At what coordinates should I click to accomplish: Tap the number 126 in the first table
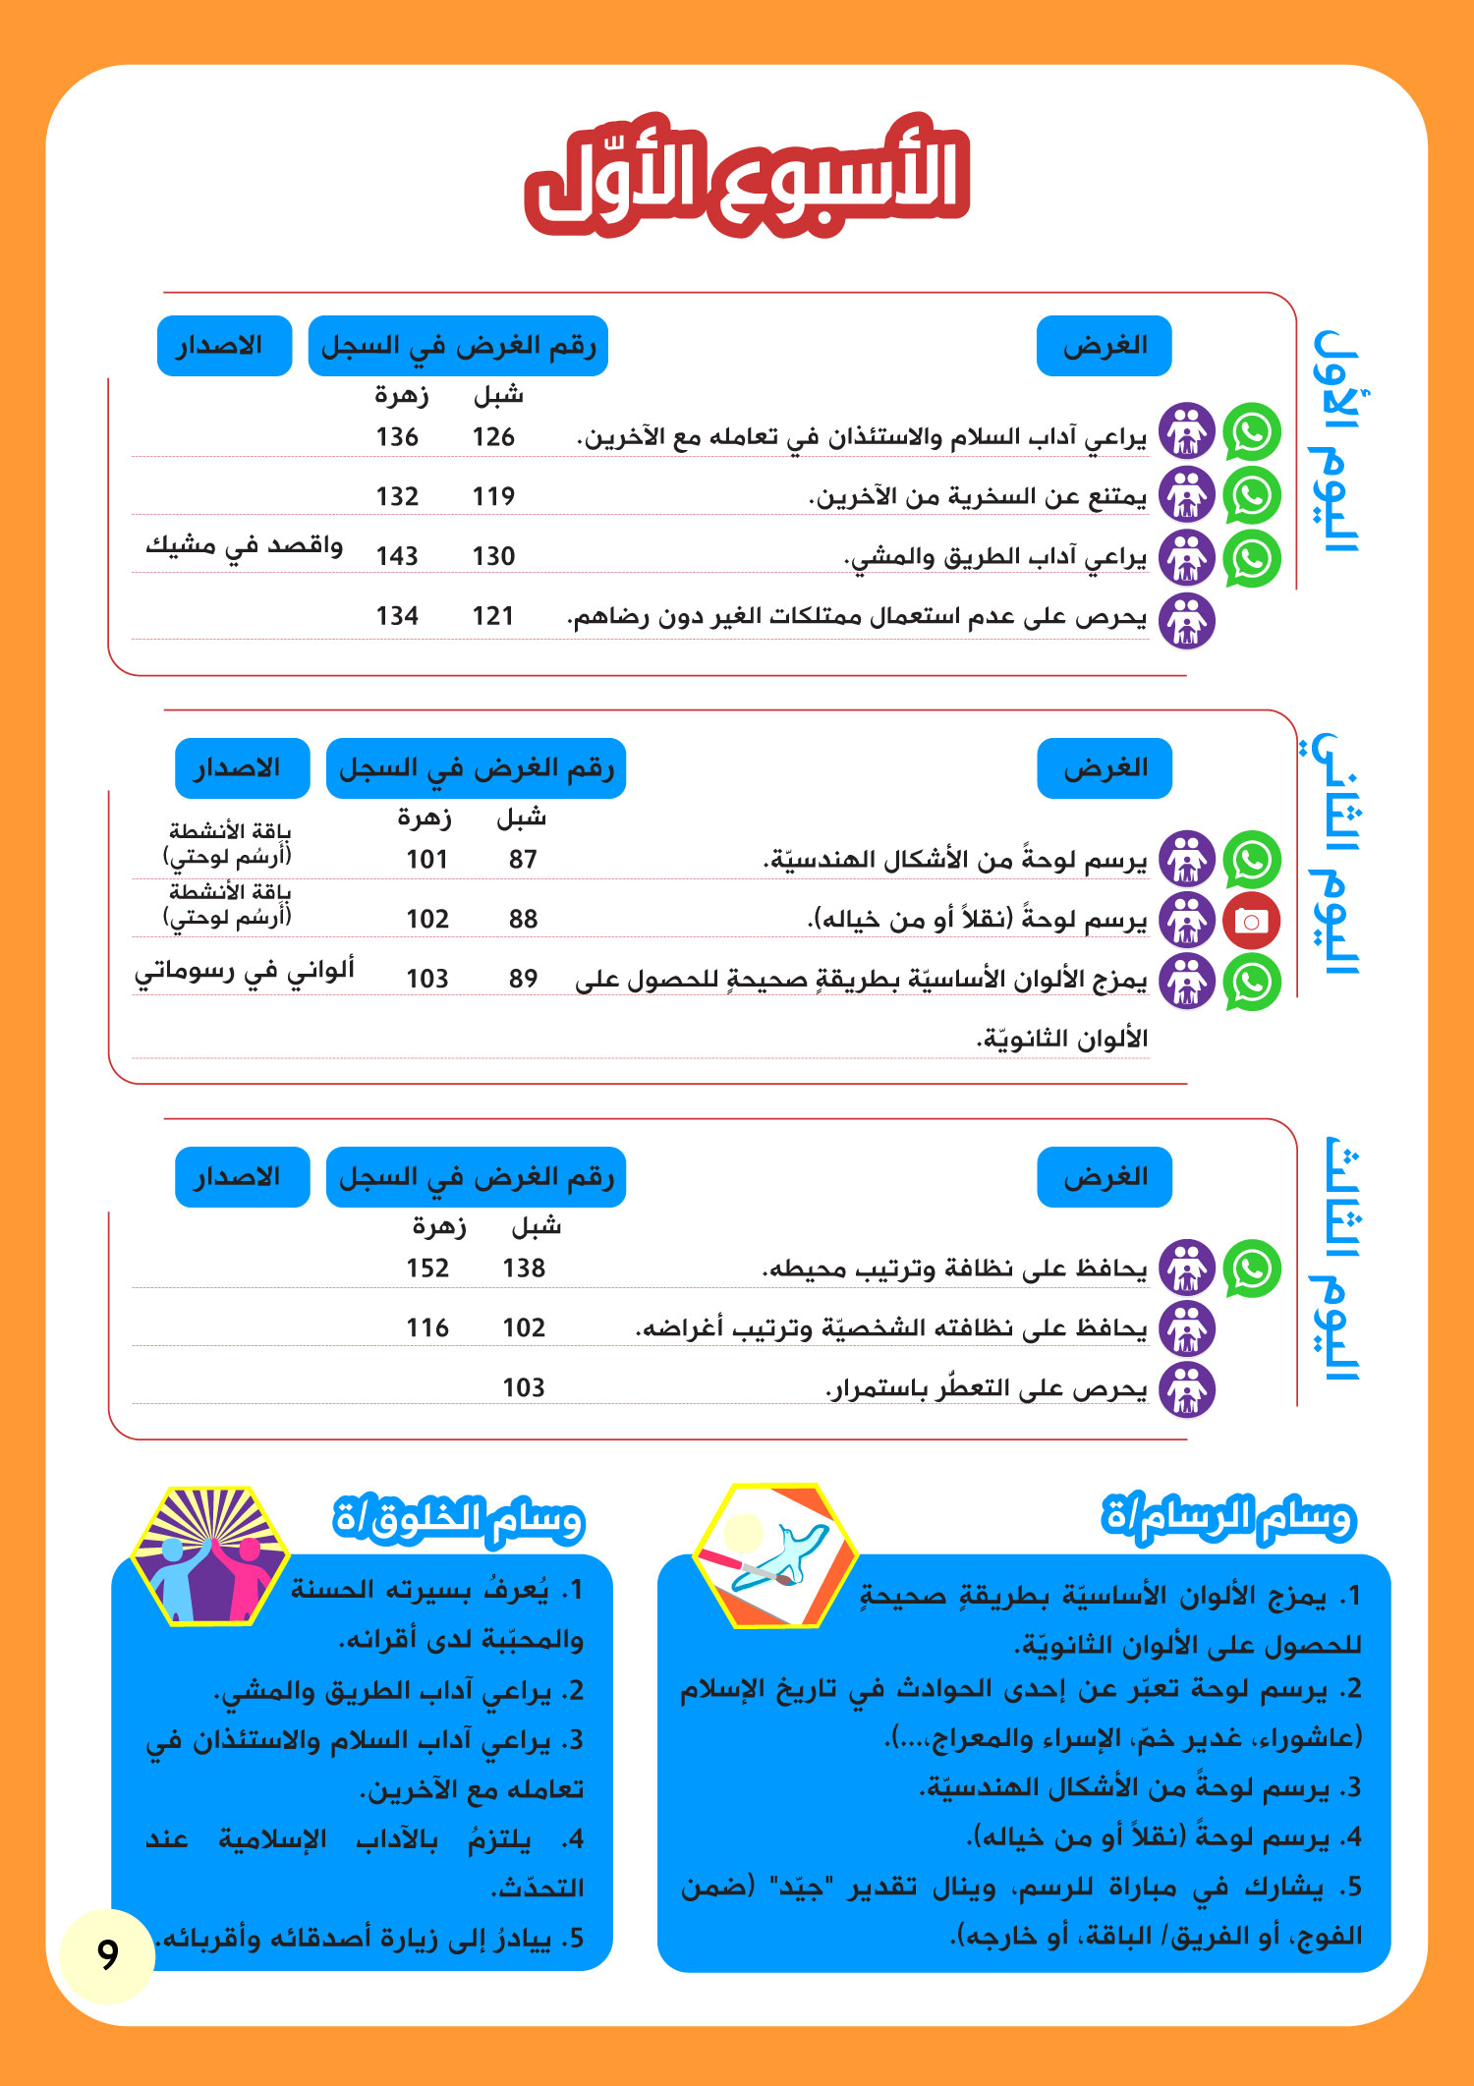(x=493, y=437)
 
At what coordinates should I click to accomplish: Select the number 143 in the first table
(x=397, y=556)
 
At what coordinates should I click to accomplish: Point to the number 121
(x=493, y=616)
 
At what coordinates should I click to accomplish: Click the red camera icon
(x=1251, y=922)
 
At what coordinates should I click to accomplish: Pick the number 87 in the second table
(x=523, y=860)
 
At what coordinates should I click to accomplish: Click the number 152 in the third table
(x=427, y=1269)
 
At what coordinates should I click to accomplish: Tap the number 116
(x=427, y=1328)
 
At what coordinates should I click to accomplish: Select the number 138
(x=524, y=1269)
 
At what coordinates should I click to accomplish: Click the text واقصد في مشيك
(x=244, y=546)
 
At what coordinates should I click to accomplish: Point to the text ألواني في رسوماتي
(x=244, y=971)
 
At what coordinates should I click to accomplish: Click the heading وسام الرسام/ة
(x=1228, y=1518)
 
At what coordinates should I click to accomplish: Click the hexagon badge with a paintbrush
(x=775, y=1555)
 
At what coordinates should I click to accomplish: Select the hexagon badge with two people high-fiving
(x=209, y=1555)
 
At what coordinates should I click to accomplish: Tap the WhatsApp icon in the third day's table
(x=1252, y=1269)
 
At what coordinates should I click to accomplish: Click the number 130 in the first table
(x=493, y=556)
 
